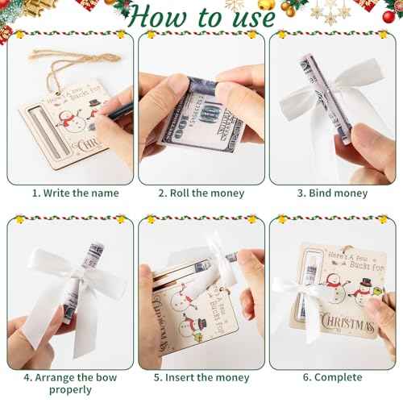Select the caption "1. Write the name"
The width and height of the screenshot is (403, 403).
(75, 193)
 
